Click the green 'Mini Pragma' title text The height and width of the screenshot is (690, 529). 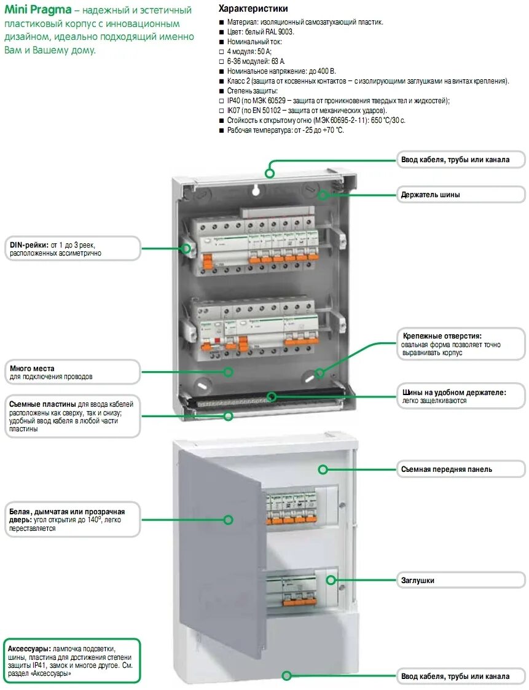pos(37,10)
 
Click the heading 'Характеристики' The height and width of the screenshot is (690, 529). pos(253,9)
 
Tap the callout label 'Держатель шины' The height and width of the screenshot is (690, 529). pos(431,195)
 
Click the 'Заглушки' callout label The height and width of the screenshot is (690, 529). pos(418,580)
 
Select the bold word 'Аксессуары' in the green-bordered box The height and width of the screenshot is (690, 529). pos(29,649)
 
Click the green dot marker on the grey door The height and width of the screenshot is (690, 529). pos(228,520)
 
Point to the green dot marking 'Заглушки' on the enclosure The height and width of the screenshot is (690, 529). pos(331,579)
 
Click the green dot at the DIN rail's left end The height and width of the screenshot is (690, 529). pos(186,248)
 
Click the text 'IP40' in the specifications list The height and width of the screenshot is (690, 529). pos(233,101)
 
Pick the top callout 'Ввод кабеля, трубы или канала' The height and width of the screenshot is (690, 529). pos(455,160)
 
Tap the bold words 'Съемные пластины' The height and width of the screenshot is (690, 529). pos(42,404)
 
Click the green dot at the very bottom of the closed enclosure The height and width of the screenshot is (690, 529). pos(286,676)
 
